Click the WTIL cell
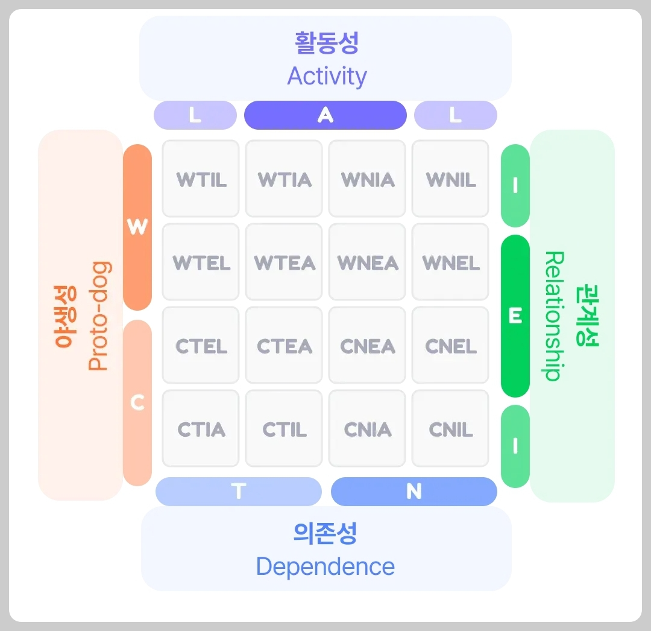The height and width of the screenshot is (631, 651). coord(201,179)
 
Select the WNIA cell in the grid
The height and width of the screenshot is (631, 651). coord(368,179)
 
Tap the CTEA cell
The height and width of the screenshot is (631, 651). coord(285,346)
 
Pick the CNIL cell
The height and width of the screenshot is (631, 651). coord(451,429)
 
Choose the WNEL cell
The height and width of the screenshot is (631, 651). coord(451,262)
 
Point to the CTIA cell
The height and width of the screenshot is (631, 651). coord(201,429)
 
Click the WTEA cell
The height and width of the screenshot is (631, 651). coord(285,262)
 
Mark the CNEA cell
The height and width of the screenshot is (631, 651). coord(368,346)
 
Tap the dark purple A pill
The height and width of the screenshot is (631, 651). coord(325,115)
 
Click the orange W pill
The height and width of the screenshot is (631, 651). coord(137,227)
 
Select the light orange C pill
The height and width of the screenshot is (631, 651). coord(137,402)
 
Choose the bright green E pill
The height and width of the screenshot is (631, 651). coord(515,316)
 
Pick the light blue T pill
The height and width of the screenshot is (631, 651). coord(239,492)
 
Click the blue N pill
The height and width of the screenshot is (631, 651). coord(414,492)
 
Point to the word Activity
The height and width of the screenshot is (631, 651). coord(327,77)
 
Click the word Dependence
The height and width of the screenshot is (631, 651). coord(325,566)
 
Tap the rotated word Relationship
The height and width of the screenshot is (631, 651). coord(553,316)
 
